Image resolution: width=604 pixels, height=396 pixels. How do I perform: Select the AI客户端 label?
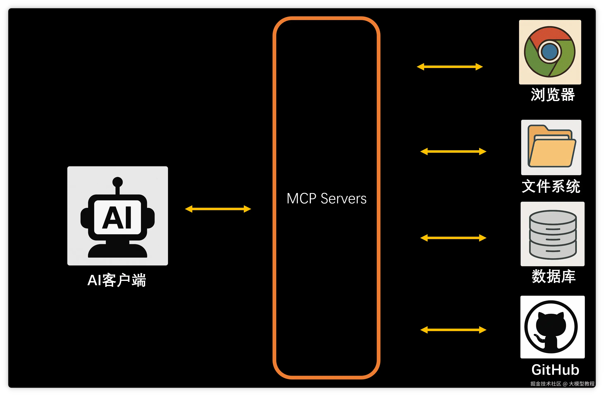click(x=117, y=280)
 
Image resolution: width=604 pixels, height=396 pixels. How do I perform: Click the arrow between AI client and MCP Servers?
click(x=218, y=209)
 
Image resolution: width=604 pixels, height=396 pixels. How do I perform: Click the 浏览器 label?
click(x=553, y=95)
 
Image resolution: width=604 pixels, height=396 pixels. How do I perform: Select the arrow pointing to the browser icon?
click(x=450, y=67)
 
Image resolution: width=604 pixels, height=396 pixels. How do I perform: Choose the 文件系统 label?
click(x=551, y=186)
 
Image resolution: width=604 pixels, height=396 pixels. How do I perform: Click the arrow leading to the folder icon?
click(x=453, y=151)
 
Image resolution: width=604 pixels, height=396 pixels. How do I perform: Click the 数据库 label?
click(x=554, y=276)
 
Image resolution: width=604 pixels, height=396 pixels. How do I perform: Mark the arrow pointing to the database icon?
click(x=453, y=238)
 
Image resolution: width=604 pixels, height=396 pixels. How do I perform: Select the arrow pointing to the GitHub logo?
click(x=453, y=330)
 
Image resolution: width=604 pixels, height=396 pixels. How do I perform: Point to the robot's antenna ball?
click(x=117, y=182)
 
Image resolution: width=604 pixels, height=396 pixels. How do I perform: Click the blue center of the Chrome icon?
click(x=550, y=52)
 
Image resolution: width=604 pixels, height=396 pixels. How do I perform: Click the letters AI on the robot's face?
click(x=117, y=217)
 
